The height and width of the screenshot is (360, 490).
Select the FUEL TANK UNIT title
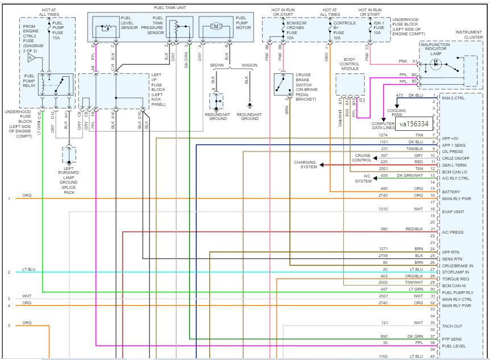click(x=170, y=8)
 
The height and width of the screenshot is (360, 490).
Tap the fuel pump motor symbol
click(x=217, y=26)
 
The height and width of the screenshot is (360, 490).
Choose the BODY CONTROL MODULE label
click(x=350, y=64)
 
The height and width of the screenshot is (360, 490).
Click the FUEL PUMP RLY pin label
click(x=458, y=292)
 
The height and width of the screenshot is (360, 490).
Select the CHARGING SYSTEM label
click(x=305, y=165)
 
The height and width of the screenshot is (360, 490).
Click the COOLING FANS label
click(x=396, y=113)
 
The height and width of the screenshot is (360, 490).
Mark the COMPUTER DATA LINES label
click(x=384, y=126)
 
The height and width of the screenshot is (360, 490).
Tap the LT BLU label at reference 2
click(x=28, y=269)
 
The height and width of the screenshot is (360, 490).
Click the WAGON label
click(x=249, y=65)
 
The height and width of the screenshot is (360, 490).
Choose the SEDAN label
click(x=216, y=65)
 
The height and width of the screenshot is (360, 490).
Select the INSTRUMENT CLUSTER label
click(x=470, y=36)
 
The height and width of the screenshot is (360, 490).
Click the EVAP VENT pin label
click(x=453, y=212)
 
